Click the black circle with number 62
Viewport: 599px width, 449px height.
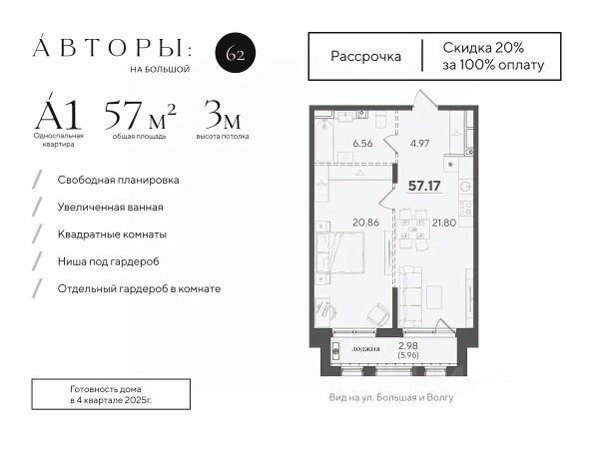[236, 53]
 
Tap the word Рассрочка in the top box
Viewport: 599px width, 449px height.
[365, 57]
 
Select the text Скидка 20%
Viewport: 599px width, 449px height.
[483, 48]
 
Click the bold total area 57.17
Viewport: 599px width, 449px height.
[424, 186]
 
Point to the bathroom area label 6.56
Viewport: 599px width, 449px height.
[362, 144]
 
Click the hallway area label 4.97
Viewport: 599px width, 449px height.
[419, 144]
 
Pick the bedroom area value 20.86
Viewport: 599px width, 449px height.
[366, 223]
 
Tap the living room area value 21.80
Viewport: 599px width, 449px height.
[444, 223]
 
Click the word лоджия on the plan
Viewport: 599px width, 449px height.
[365, 348]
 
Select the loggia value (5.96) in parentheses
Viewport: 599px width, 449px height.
[408, 355]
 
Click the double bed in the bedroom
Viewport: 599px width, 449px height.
[340, 252]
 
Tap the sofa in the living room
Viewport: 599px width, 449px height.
[410, 296]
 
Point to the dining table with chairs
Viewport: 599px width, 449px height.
[411, 229]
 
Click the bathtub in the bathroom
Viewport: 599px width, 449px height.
[324, 139]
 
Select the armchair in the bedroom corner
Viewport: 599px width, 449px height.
[378, 314]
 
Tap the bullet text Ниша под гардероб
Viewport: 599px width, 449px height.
[109, 261]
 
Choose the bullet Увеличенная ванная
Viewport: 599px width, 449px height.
[111, 207]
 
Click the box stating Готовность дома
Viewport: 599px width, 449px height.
[111, 394]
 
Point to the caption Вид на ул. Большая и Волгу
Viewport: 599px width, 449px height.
[391, 397]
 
